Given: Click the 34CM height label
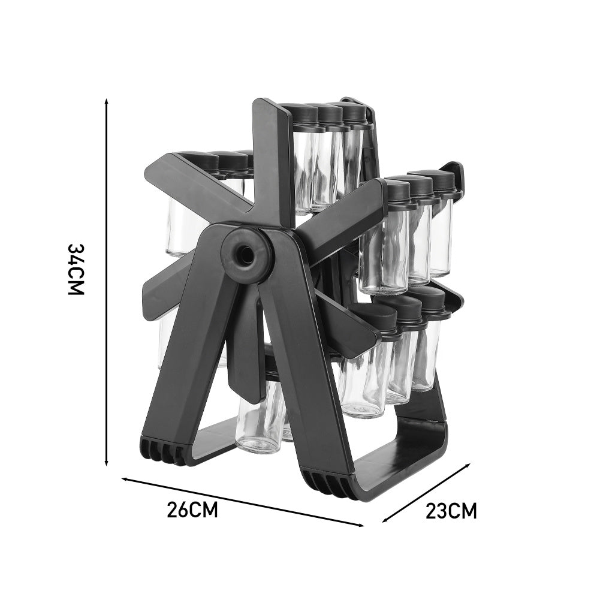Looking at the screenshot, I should [76, 269].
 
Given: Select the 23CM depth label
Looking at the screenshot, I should [451, 511].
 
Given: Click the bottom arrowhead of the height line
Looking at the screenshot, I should [107, 462].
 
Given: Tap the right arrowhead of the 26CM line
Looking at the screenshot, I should [361, 525].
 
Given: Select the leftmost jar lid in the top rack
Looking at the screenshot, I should [305, 114].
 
